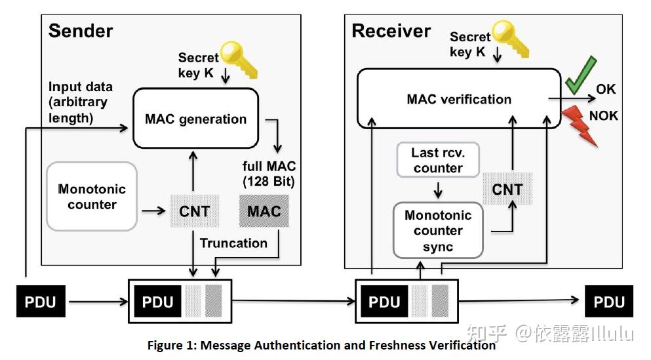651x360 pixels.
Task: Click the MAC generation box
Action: (x=196, y=119)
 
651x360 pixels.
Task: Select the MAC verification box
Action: (x=459, y=99)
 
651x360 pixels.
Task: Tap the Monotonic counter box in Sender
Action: (x=92, y=197)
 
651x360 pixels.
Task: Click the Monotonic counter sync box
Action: (x=438, y=230)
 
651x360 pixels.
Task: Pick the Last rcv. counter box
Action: (x=438, y=160)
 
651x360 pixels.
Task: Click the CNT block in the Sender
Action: (x=195, y=211)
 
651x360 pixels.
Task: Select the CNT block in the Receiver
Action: (x=507, y=190)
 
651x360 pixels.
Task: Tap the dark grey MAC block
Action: (x=264, y=211)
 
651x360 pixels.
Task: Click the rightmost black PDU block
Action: (x=609, y=302)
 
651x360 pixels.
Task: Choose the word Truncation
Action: (x=233, y=243)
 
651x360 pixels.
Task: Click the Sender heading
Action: (x=81, y=31)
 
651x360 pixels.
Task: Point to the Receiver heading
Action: (x=391, y=31)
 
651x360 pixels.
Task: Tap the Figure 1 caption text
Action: (x=321, y=345)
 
